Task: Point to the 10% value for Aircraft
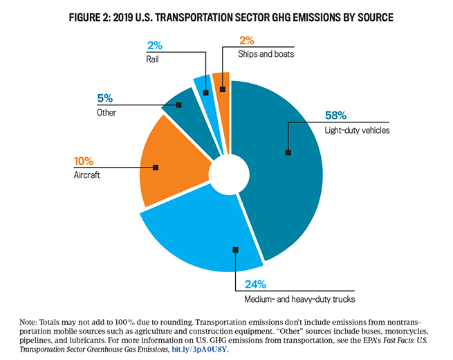coord(84,162)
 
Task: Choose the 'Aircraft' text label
coord(86,175)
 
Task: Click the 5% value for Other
coord(104,98)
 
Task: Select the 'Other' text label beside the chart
coord(107,111)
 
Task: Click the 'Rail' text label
coord(153,59)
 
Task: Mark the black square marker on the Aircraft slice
coord(156,167)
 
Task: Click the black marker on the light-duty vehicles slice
coord(288,152)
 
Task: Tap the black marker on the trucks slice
coord(236,249)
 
